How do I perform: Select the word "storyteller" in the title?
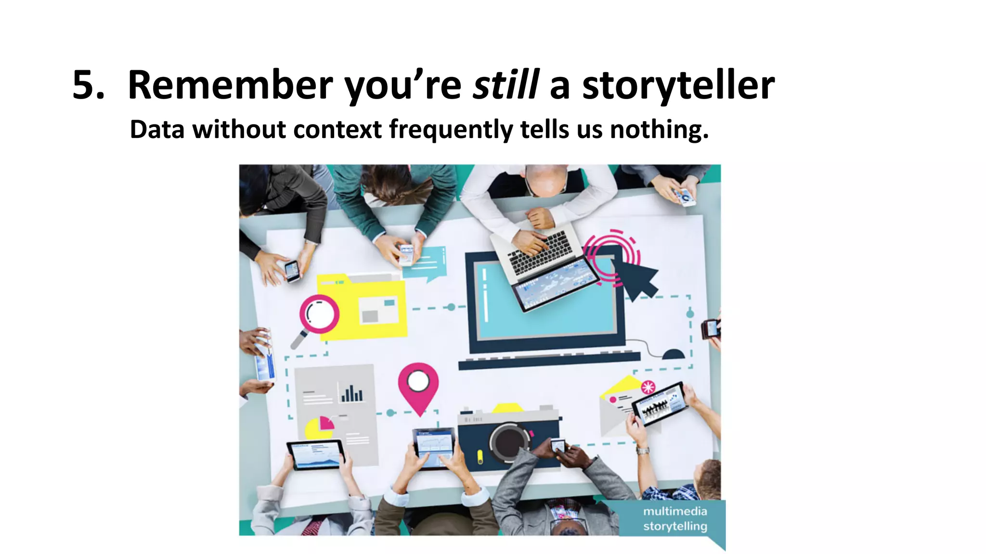click(x=678, y=86)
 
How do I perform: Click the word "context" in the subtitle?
click(x=337, y=129)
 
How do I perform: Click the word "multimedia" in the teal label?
click(x=675, y=511)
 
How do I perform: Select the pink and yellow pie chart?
click(x=320, y=427)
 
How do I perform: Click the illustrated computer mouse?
click(x=673, y=354)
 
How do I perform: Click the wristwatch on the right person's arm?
click(x=643, y=451)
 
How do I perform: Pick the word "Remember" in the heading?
click(x=230, y=86)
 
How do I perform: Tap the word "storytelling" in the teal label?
click(x=675, y=526)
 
